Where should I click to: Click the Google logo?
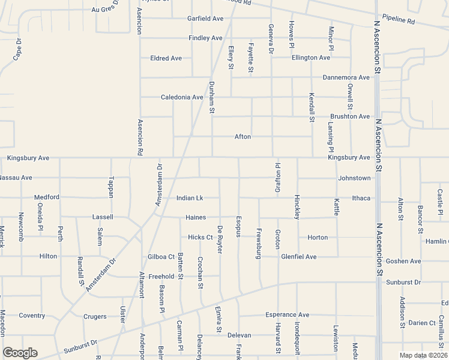pyautogui.click(x=20, y=353)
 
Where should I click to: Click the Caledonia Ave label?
pyautogui.click(x=182, y=97)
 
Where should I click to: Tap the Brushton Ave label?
pyautogui.click(x=350, y=116)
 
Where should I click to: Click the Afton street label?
pyautogui.click(x=243, y=137)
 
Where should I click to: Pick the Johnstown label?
pyautogui.click(x=354, y=178)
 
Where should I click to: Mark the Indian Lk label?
pyautogui.click(x=190, y=198)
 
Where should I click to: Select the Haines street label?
pyautogui.click(x=196, y=217)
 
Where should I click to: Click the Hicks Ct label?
pyautogui.click(x=200, y=237)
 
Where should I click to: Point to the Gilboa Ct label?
pyautogui.click(x=161, y=257)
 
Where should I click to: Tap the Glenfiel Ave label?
pyautogui.click(x=298, y=257)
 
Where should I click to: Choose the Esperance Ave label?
pyautogui.click(x=287, y=314)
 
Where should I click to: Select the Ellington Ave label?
pyautogui.click(x=311, y=58)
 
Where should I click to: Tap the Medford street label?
pyautogui.click(x=47, y=197)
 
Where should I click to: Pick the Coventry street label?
pyautogui.click(x=32, y=316)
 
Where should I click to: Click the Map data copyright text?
pyautogui.click(x=423, y=355)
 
